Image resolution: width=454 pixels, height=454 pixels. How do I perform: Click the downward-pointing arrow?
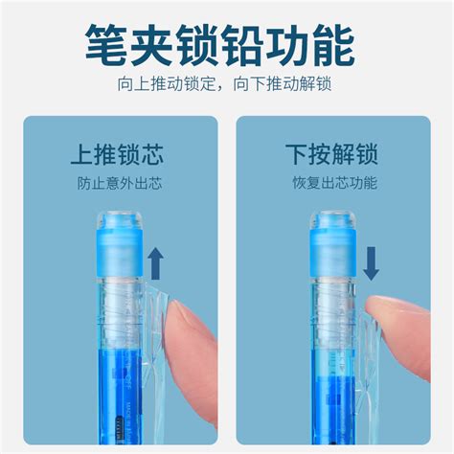pyautogui.click(x=371, y=263)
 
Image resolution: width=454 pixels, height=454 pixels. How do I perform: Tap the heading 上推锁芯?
pyautogui.click(x=117, y=154)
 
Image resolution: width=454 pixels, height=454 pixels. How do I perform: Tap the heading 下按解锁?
pyautogui.click(x=331, y=154)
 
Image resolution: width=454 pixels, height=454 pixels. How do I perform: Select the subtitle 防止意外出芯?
pyautogui.click(x=120, y=183)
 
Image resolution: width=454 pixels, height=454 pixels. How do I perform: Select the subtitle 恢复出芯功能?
pyautogui.click(x=335, y=183)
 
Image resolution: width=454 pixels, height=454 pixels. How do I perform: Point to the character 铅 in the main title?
pyautogui.click(x=242, y=45)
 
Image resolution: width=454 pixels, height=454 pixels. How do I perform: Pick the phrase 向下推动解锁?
pyautogui.click(x=283, y=83)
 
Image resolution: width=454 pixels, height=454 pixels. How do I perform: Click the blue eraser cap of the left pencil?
pyautogui.click(x=119, y=252)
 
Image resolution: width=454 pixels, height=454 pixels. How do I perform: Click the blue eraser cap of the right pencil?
pyautogui.click(x=333, y=252)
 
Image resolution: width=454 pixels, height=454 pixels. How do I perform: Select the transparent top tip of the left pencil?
pyautogui.click(x=119, y=219)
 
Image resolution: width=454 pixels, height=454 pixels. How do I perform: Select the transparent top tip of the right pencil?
pyautogui.click(x=333, y=219)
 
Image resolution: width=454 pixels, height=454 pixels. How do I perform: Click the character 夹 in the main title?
pyautogui.click(x=151, y=45)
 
